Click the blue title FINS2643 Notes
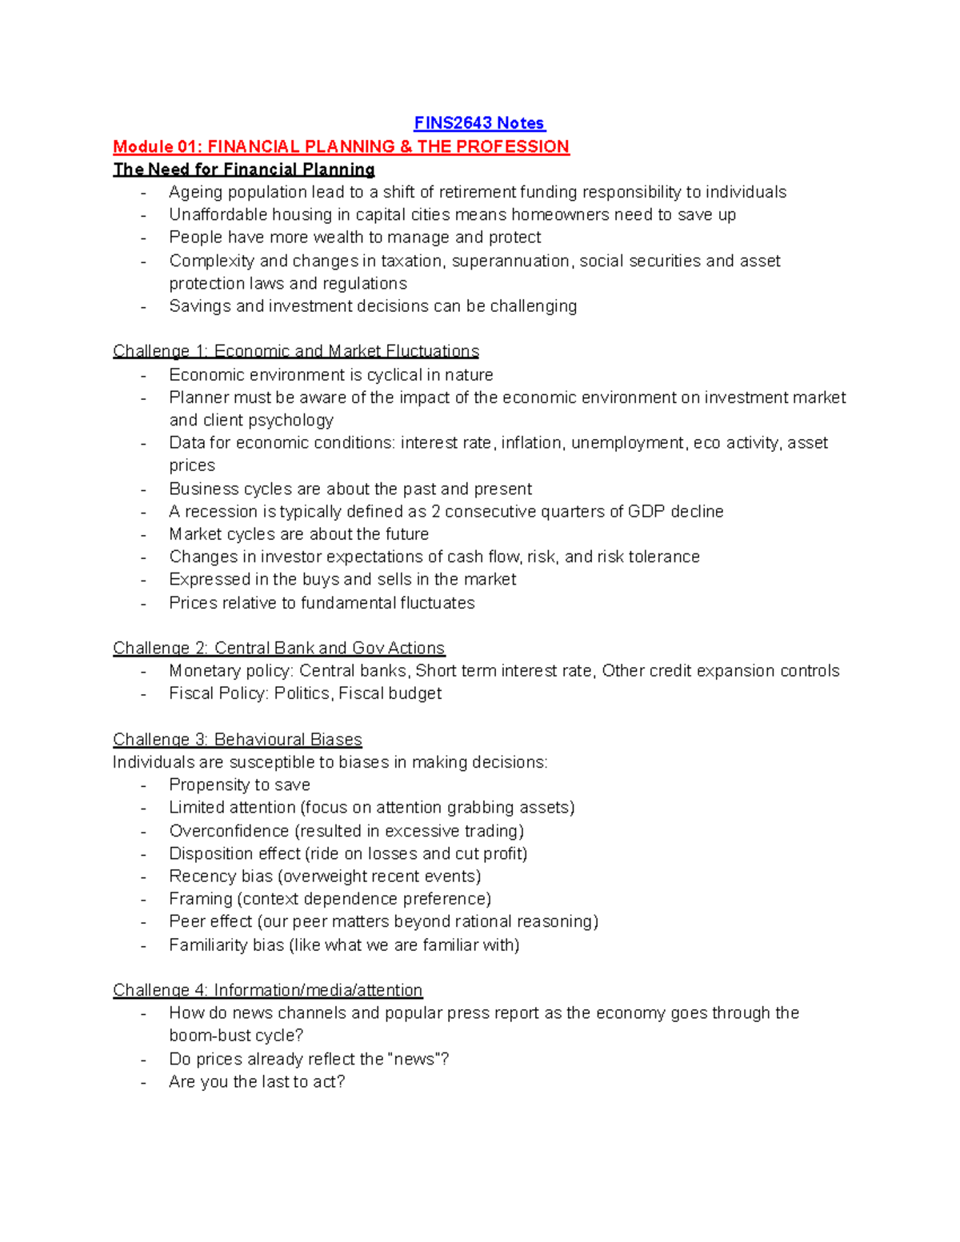[478, 123]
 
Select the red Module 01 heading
[341, 146]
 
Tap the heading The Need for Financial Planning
[244, 170]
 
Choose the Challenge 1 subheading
[296, 351]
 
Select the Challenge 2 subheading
[278, 648]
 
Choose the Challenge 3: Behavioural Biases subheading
[238, 740]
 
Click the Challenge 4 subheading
[267, 990]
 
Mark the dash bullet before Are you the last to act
[144, 1083]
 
